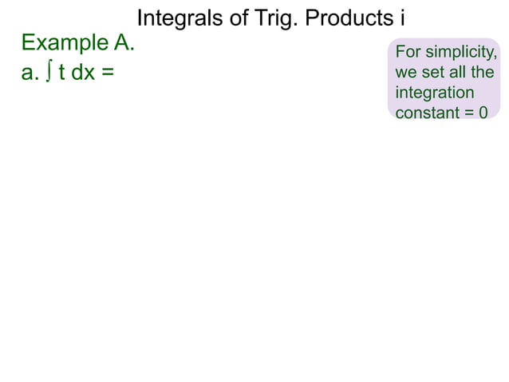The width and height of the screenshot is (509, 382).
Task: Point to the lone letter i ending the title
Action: [392, 18]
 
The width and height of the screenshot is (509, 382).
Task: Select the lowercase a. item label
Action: [30, 73]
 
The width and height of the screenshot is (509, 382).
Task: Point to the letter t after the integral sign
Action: [61, 73]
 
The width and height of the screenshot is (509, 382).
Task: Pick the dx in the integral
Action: [83, 73]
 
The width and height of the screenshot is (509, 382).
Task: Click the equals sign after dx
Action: [108, 73]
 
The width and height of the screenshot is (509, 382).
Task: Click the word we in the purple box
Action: [405, 73]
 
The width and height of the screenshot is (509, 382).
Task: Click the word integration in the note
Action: [435, 93]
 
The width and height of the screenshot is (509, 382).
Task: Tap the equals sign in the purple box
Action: [469, 113]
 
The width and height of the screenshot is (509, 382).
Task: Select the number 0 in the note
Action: [483, 113]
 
